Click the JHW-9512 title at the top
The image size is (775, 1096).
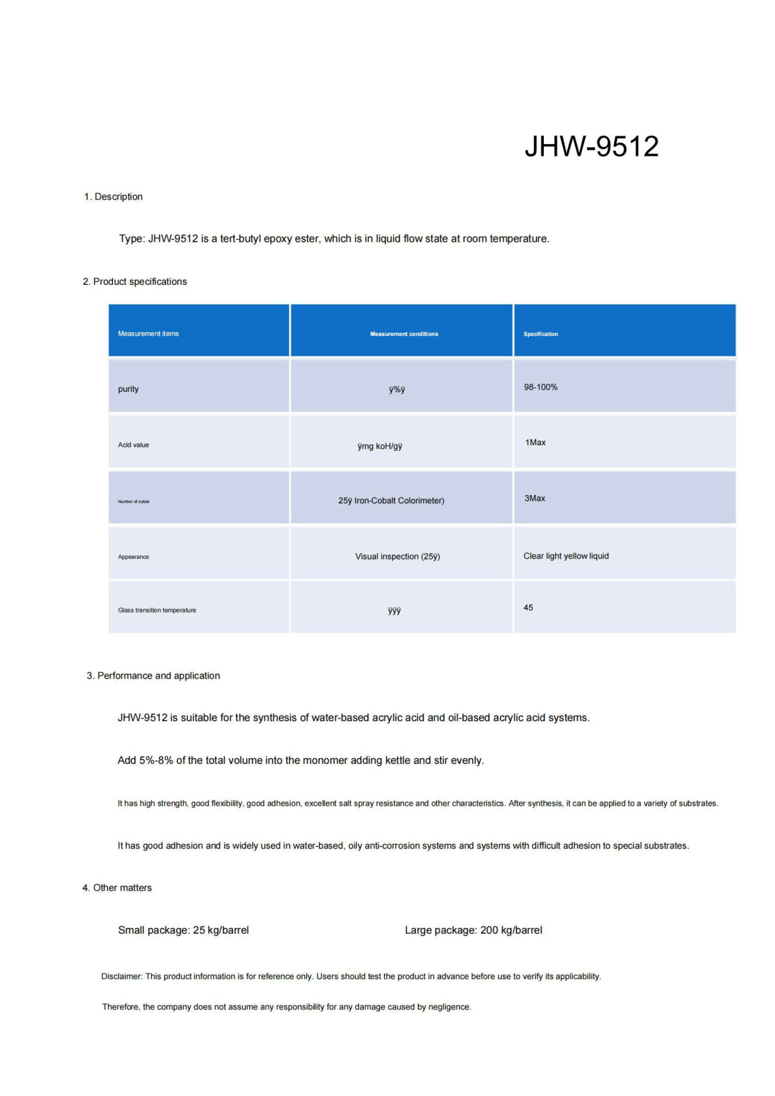(x=591, y=147)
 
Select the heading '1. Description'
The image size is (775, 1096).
(x=113, y=196)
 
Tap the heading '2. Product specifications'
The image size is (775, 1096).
(x=135, y=282)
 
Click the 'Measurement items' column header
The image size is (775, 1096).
(x=148, y=333)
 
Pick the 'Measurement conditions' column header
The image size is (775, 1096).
(x=404, y=334)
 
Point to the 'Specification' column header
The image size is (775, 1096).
(x=541, y=334)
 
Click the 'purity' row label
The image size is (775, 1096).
(x=128, y=389)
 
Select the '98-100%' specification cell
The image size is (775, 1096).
(x=541, y=387)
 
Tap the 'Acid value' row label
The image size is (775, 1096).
(x=133, y=445)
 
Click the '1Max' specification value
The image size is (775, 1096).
(x=535, y=443)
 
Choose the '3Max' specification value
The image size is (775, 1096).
(x=535, y=498)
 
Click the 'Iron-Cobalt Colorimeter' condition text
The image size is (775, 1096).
(x=398, y=501)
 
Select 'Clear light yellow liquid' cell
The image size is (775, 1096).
(x=566, y=556)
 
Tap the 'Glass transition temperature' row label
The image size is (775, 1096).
(x=157, y=610)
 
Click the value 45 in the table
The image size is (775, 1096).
(x=528, y=607)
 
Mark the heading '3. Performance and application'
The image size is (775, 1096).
(x=154, y=676)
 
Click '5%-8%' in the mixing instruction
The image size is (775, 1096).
(x=156, y=761)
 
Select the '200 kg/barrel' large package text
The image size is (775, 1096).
(x=511, y=931)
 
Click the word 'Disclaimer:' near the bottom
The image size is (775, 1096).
(x=121, y=976)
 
